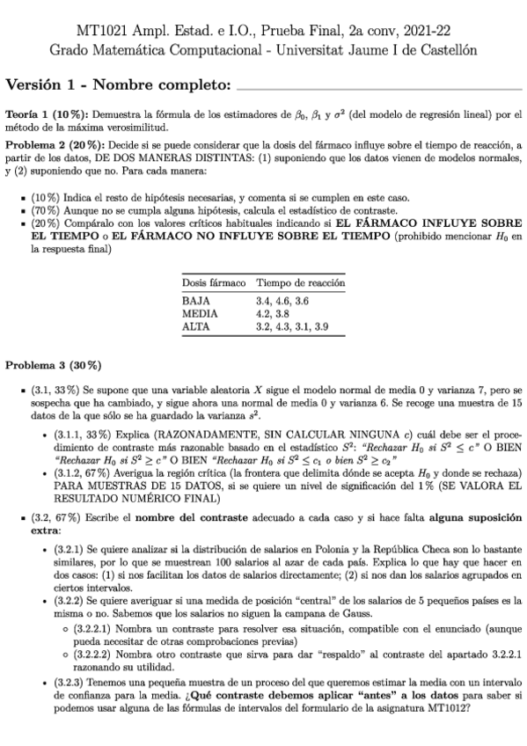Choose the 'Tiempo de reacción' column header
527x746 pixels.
[x=300, y=283]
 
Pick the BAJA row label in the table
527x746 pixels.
[x=194, y=302]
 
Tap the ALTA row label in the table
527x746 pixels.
[x=194, y=326]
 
